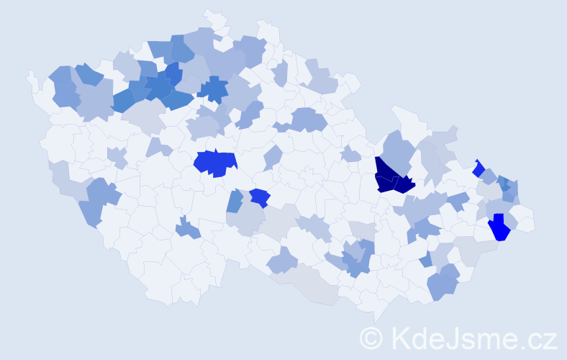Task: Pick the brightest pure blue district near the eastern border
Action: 499,228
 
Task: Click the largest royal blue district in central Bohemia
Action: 214,164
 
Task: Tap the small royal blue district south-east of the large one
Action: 260,197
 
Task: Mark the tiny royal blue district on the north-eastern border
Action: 478,169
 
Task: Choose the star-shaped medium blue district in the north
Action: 213,90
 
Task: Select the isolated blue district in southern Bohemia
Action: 188,228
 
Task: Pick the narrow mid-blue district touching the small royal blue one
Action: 235,201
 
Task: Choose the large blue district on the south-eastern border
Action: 443,282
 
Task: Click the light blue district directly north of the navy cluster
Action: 395,150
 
